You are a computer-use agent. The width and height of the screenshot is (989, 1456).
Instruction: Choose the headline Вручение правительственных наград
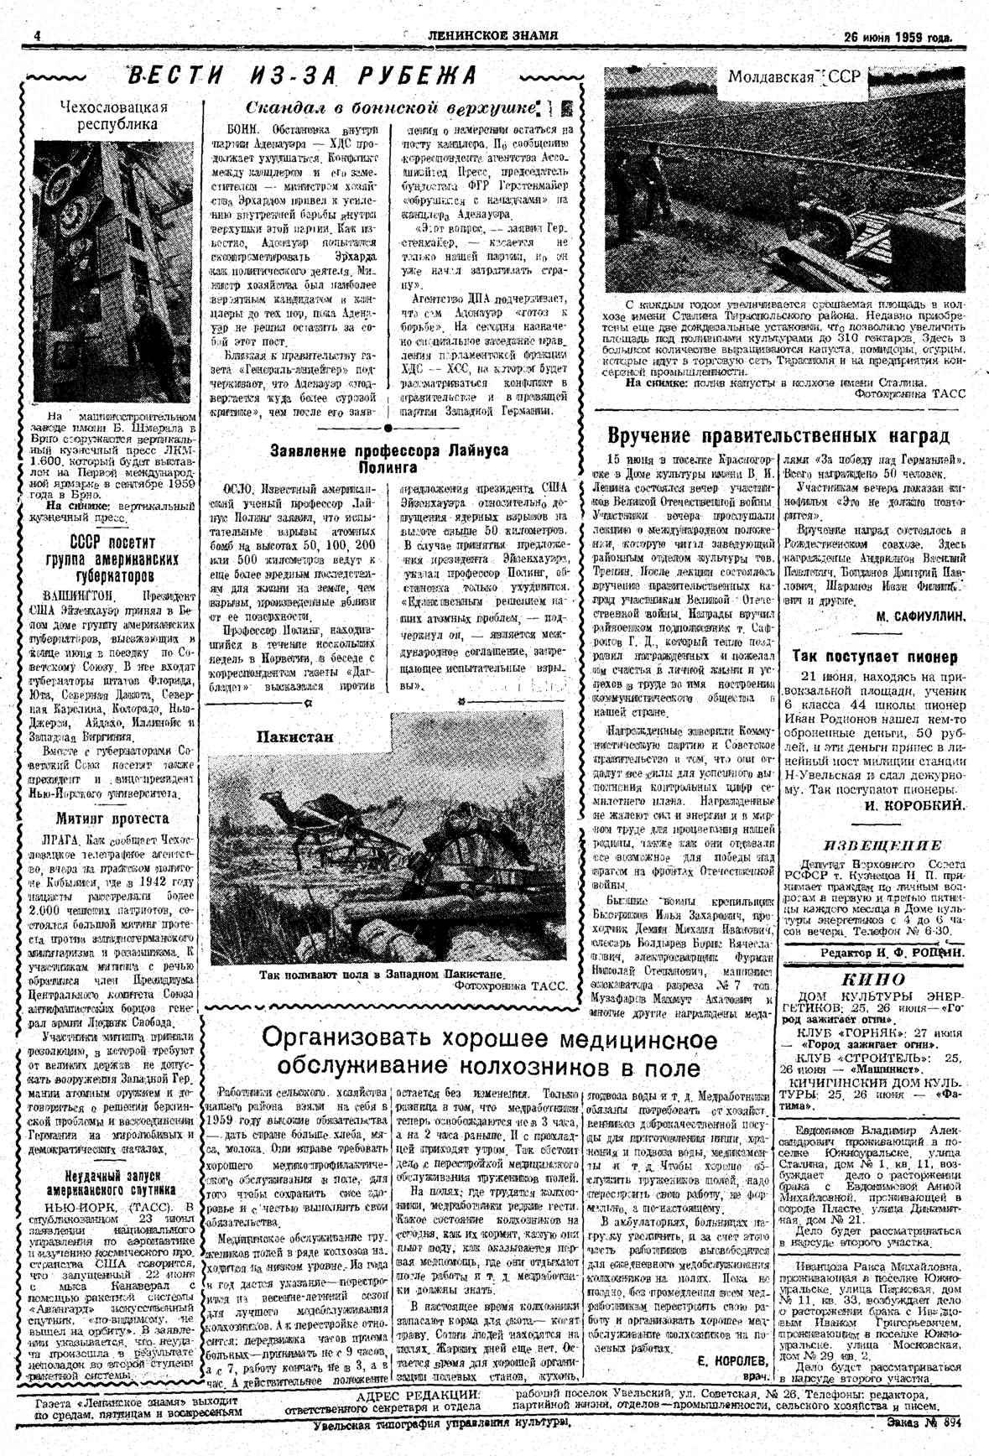(x=778, y=436)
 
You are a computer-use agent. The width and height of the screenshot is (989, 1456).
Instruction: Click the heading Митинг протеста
(x=112, y=818)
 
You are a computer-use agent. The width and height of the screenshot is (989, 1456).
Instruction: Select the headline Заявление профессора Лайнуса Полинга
(x=389, y=458)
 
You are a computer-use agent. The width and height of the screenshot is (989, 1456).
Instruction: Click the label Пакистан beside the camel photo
(x=294, y=736)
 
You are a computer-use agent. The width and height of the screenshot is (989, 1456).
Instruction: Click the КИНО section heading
(x=872, y=979)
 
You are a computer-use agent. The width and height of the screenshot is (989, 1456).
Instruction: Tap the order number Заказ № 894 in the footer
(x=922, y=1422)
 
